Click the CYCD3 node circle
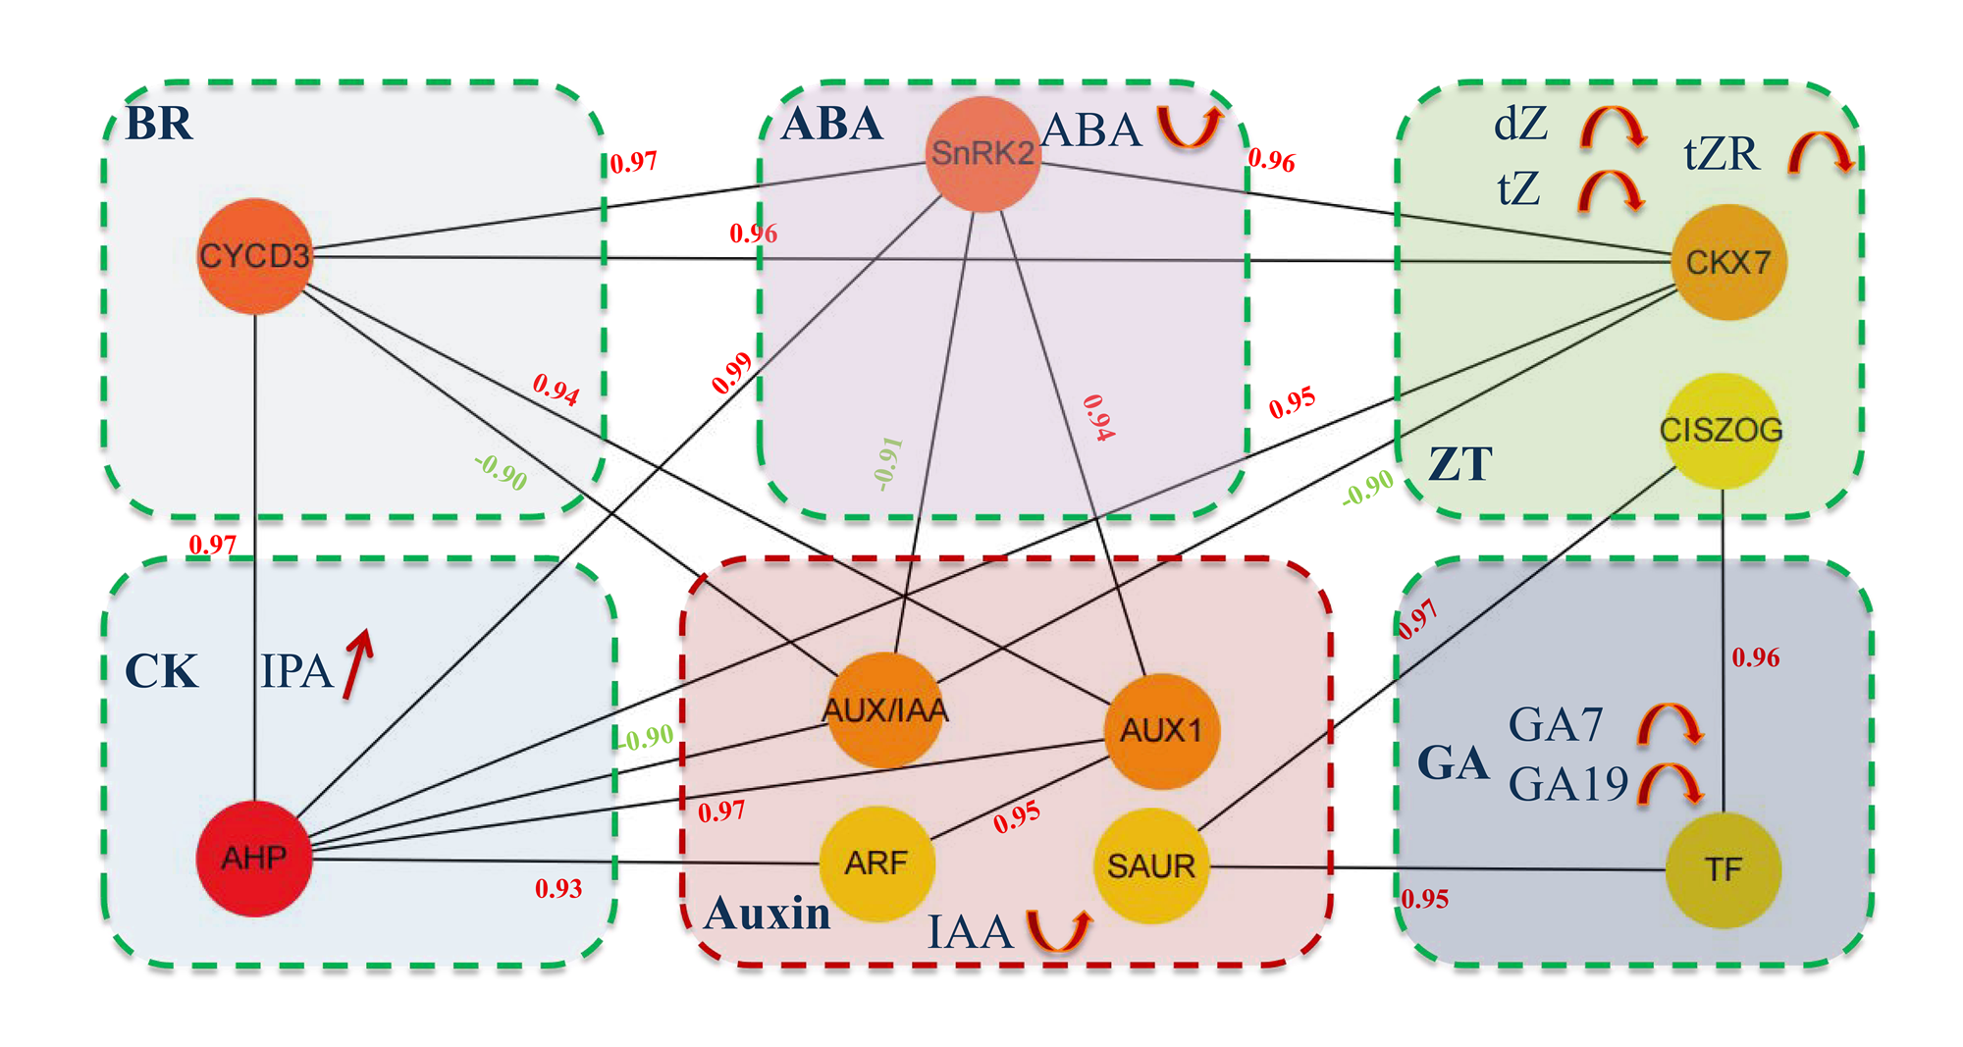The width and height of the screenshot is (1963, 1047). pyautogui.click(x=255, y=256)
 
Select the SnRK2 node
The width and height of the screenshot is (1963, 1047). pyautogui.click(x=982, y=153)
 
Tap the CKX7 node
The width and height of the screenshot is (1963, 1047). pyautogui.click(x=1728, y=262)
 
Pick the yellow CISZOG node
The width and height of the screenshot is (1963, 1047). pyautogui.click(x=1722, y=430)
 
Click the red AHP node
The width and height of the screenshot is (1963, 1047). pyautogui.click(x=254, y=859)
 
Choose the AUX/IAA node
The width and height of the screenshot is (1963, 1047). pyautogui.click(x=885, y=709)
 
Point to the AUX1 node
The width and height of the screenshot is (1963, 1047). pyautogui.click(x=1162, y=731)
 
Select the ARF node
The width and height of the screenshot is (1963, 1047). pyautogui.click(x=876, y=864)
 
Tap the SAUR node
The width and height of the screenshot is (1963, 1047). pyautogui.click(x=1151, y=865)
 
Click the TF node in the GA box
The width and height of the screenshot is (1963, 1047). pyautogui.click(x=1724, y=869)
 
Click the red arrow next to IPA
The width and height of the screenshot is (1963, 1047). pyautogui.click(x=358, y=664)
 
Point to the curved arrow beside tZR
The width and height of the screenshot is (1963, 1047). pyautogui.click(x=1820, y=154)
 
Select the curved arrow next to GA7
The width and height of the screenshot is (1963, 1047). pyautogui.click(x=1670, y=724)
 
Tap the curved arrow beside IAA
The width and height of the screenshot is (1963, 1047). pyautogui.click(x=1059, y=929)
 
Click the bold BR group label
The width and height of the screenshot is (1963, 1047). pyautogui.click(x=159, y=124)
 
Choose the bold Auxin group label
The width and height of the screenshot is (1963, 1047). pyautogui.click(x=768, y=914)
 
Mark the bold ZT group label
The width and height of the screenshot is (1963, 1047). pyautogui.click(x=1460, y=464)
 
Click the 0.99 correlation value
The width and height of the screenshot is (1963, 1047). pyautogui.click(x=732, y=373)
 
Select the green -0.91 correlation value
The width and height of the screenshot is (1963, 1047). pyautogui.click(x=887, y=463)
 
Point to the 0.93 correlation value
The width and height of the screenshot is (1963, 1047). pyautogui.click(x=558, y=889)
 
